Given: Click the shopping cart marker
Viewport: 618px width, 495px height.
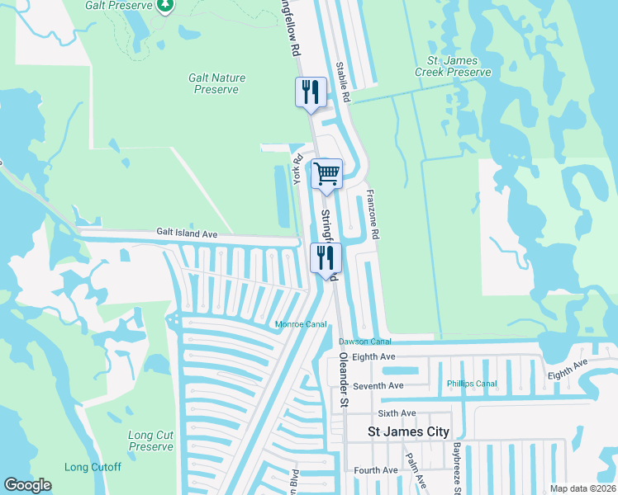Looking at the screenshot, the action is (x=326, y=174).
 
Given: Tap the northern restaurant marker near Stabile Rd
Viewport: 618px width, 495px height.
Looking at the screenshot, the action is (x=311, y=92).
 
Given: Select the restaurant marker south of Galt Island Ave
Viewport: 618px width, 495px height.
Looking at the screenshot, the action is (x=326, y=257).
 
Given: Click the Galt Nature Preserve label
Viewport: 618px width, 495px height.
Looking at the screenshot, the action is (x=217, y=83).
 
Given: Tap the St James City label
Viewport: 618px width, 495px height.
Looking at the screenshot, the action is (x=408, y=431).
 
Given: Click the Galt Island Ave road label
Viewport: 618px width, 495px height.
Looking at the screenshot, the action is (x=187, y=234).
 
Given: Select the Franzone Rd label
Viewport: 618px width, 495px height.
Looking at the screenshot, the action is (x=372, y=214).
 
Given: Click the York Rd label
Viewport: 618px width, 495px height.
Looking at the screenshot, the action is (x=298, y=169).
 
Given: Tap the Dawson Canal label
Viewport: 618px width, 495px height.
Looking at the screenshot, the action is (x=364, y=341).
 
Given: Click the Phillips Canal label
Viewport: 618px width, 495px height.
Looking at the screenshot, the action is (x=472, y=384).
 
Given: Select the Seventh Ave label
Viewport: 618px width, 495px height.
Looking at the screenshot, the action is (x=378, y=385).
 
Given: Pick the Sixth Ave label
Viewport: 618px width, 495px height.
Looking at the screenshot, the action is (x=397, y=413).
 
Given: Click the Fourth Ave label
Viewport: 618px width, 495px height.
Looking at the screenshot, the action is (x=376, y=470).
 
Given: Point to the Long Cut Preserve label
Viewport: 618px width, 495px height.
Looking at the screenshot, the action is (x=151, y=441).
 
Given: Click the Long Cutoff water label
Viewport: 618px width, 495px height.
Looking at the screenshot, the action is (x=93, y=467).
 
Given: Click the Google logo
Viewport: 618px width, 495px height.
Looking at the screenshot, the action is (x=28, y=485).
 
